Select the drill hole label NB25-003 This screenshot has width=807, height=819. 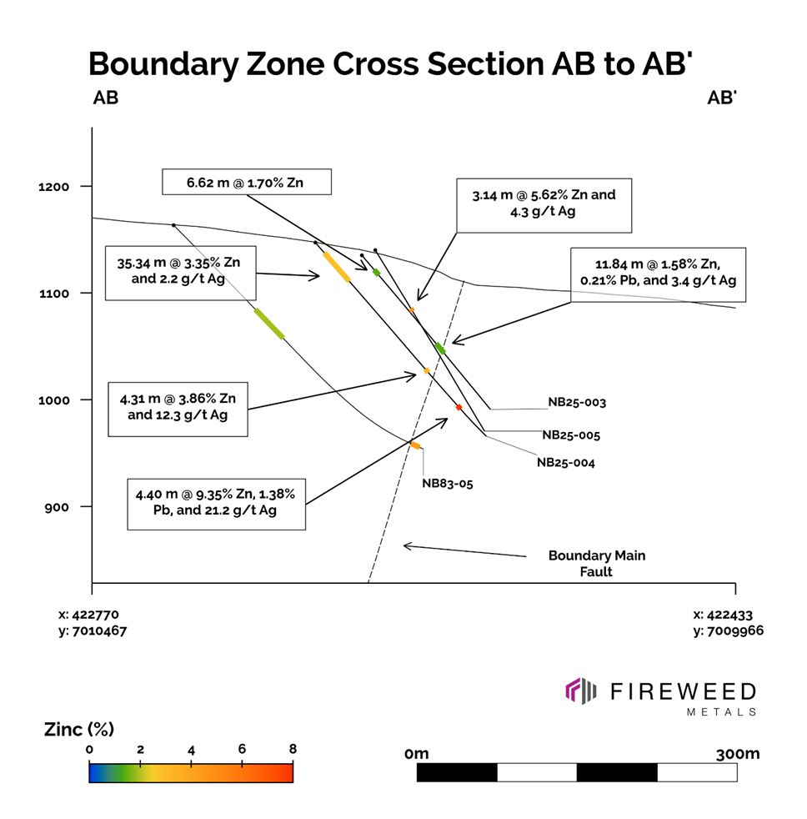coord(576,402)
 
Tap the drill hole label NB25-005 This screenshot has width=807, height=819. coord(571,435)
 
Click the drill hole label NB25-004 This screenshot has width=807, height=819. coord(565,462)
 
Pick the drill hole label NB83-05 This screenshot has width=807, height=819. coord(447,483)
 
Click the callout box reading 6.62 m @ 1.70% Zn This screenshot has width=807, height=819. coord(247,182)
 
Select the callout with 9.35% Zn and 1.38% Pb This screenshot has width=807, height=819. coord(216,503)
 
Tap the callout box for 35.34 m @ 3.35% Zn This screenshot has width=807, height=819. coord(180,272)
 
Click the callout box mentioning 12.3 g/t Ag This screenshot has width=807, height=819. coord(178,408)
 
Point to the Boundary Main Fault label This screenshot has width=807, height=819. coord(596,563)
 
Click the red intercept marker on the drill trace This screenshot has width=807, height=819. coord(459,407)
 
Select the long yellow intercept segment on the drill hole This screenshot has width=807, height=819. coord(336,266)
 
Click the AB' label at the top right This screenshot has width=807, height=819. coord(721,98)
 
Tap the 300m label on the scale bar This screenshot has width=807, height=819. coord(737,754)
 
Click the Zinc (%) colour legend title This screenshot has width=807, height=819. coord(78,730)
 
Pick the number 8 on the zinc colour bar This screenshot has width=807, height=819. coord(293,749)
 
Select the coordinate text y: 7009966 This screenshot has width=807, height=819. coord(728,631)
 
